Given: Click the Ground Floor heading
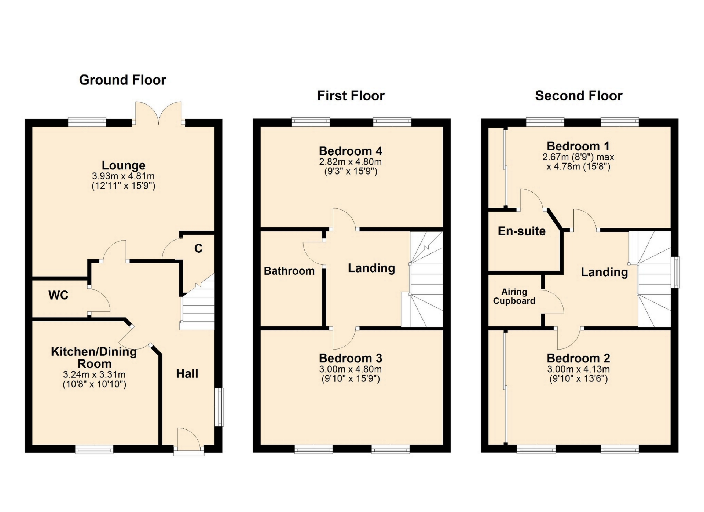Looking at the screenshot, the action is point(122,80).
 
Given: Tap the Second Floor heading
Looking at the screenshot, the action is point(579,96).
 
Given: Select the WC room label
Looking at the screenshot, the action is point(59,295).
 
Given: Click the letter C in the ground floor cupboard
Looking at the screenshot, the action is point(198,249).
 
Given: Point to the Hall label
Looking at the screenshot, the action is point(187,373).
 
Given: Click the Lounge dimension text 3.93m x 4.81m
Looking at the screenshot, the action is point(123,176).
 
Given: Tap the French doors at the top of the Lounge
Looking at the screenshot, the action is point(159,113).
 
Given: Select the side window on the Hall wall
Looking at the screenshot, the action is point(219,407).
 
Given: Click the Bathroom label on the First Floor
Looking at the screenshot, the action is point(289,271).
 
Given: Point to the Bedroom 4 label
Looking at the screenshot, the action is point(351,151).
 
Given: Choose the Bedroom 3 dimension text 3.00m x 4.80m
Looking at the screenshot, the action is point(351,369).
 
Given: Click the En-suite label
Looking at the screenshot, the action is point(521,231).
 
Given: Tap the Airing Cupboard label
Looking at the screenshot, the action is point(514,296).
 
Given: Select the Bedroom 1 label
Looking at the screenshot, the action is point(578,146).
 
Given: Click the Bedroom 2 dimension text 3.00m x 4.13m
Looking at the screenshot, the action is point(578,369).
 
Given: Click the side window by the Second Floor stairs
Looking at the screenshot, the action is point(675,272).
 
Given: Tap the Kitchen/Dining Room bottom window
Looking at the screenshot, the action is point(94,449).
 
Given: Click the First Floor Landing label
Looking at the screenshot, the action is point(371,268).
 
